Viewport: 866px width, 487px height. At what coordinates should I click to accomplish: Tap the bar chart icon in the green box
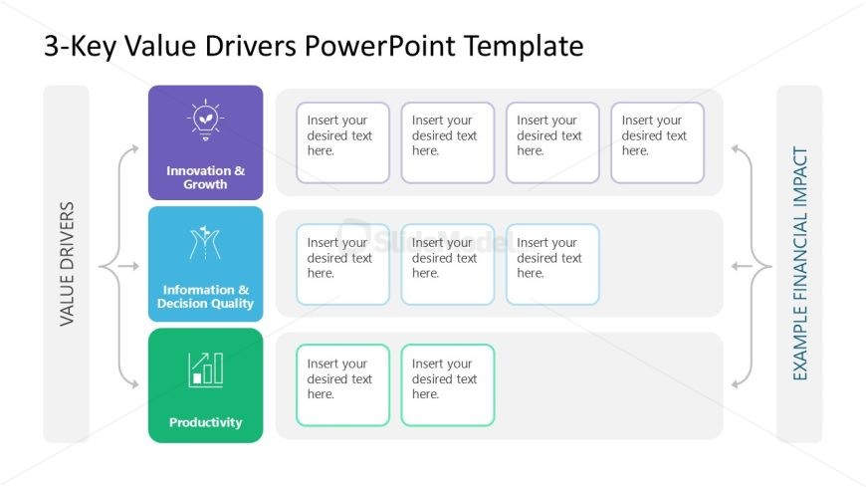click(x=205, y=368)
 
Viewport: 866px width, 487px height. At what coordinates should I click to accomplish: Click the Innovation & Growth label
click(x=205, y=177)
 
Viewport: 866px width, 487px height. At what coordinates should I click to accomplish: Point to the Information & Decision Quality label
click(x=205, y=297)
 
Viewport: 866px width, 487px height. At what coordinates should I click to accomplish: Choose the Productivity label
click(x=205, y=422)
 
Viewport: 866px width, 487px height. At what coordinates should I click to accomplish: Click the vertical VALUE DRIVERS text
click(x=67, y=264)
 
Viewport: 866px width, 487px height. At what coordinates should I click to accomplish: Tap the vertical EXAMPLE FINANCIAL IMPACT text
click(x=800, y=264)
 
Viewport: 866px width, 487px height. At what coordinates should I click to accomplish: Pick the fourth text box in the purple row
click(x=657, y=142)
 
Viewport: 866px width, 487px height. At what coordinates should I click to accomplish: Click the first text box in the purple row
click(x=342, y=142)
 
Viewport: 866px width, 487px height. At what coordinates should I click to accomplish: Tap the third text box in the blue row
click(x=552, y=264)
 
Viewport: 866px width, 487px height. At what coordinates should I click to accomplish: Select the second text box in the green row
click(x=447, y=385)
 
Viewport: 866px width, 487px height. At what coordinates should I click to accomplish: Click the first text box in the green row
click(x=342, y=385)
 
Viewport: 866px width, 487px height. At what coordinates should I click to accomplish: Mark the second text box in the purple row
click(x=447, y=142)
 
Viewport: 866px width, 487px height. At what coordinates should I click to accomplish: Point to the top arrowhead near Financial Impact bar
click(x=736, y=149)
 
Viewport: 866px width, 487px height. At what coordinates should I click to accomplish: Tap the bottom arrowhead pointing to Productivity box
click(x=132, y=382)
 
